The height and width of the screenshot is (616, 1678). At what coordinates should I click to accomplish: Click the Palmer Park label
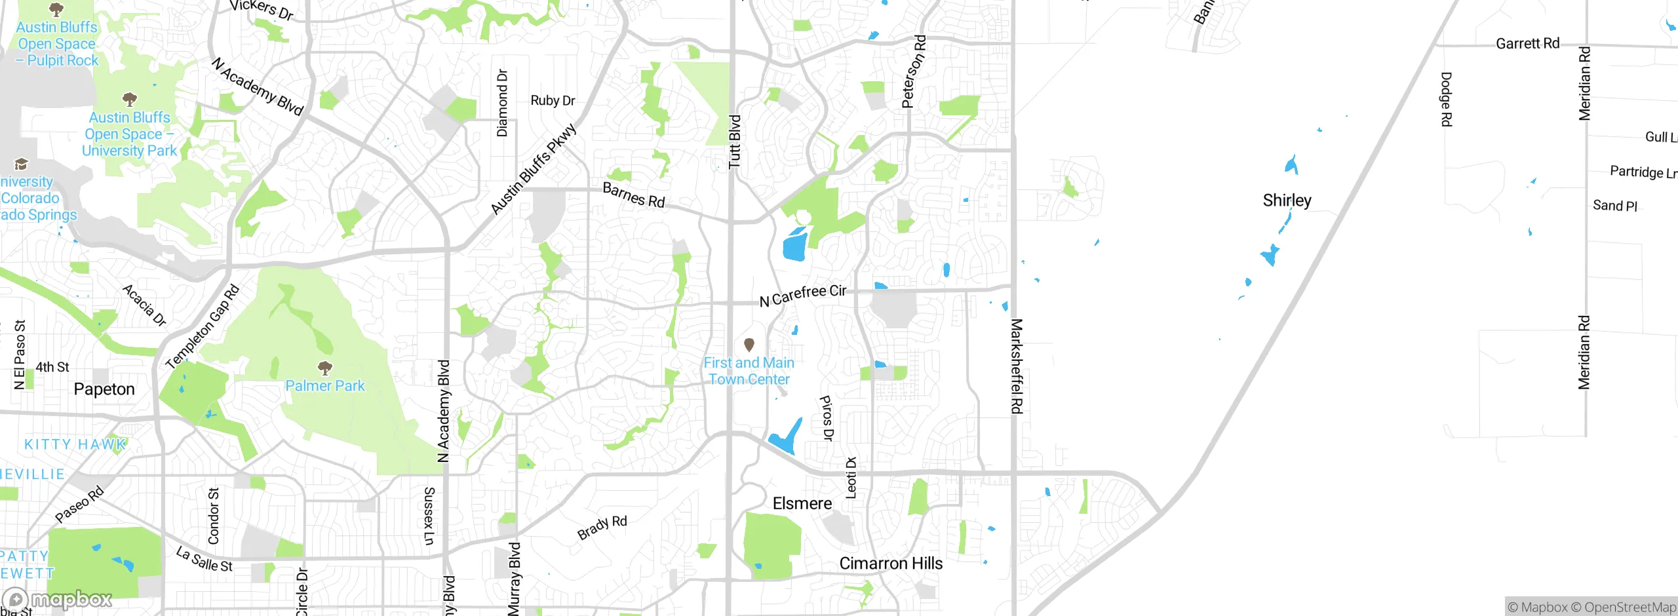tap(325, 386)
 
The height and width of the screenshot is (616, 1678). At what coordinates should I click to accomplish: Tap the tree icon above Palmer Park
tap(324, 368)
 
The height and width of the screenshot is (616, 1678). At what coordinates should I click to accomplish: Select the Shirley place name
tap(1287, 201)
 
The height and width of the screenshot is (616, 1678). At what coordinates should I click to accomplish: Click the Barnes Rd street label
tap(633, 195)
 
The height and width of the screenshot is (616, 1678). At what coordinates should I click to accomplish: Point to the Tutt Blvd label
tap(735, 142)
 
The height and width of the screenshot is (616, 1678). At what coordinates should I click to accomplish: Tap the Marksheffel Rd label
tap(1016, 366)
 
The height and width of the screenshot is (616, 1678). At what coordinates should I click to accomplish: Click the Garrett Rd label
tap(1527, 44)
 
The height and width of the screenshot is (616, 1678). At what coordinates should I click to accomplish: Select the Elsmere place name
tap(802, 503)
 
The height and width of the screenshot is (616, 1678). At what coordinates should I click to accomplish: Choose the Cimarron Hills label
tap(891, 564)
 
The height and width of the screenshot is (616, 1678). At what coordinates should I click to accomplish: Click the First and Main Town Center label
tap(749, 371)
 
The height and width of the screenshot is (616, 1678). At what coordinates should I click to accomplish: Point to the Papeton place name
tap(104, 389)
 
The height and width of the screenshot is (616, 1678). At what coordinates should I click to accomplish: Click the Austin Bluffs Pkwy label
tap(534, 169)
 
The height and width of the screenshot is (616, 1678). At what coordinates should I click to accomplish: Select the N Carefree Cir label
tap(803, 296)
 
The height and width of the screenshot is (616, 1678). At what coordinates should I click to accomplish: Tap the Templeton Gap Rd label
tap(203, 327)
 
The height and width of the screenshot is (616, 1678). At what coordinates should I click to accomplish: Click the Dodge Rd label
tap(1446, 99)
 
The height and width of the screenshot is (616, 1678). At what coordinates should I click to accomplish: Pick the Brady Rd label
tap(602, 528)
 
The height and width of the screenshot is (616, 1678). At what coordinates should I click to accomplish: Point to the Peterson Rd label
tap(914, 71)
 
